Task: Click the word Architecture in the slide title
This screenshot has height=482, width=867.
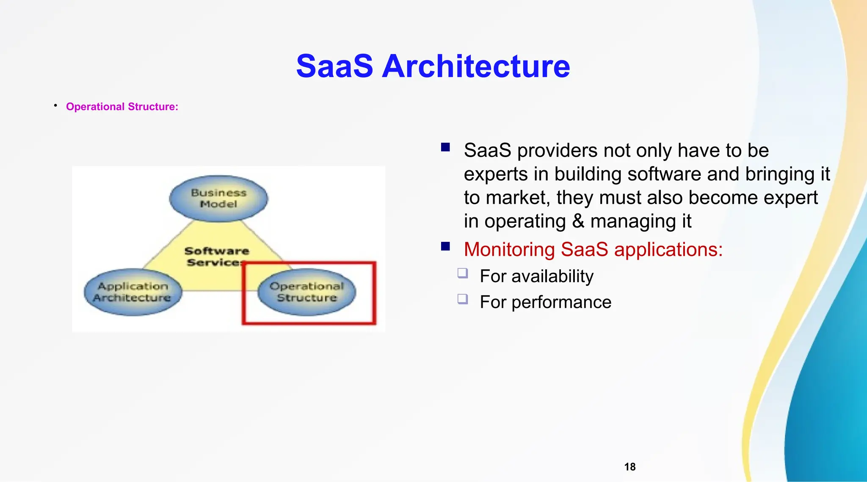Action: click(x=476, y=66)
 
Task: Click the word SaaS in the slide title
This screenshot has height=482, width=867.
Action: click(x=334, y=66)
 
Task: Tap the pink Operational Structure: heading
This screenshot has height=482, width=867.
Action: click(x=122, y=107)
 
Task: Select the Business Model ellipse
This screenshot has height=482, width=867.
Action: click(x=218, y=198)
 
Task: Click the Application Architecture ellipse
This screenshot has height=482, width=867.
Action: click(x=133, y=292)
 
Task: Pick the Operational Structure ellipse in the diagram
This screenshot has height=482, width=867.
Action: click(x=307, y=292)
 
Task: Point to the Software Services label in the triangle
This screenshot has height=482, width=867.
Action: click(x=216, y=257)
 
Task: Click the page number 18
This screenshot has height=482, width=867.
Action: click(x=630, y=467)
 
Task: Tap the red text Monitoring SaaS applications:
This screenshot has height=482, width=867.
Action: click(x=593, y=249)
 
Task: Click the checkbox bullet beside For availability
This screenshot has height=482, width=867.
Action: click(x=463, y=273)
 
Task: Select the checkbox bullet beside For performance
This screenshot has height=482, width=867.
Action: click(x=463, y=299)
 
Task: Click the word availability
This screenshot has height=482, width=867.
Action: click(x=552, y=276)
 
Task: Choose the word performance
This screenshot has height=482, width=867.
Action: click(x=561, y=302)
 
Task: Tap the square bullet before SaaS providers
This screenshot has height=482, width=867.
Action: click(x=445, y=147)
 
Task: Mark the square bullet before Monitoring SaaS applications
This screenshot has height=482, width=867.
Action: click(x=445, y=247)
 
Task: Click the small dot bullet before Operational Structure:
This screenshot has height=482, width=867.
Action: click(x=55, y=105)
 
